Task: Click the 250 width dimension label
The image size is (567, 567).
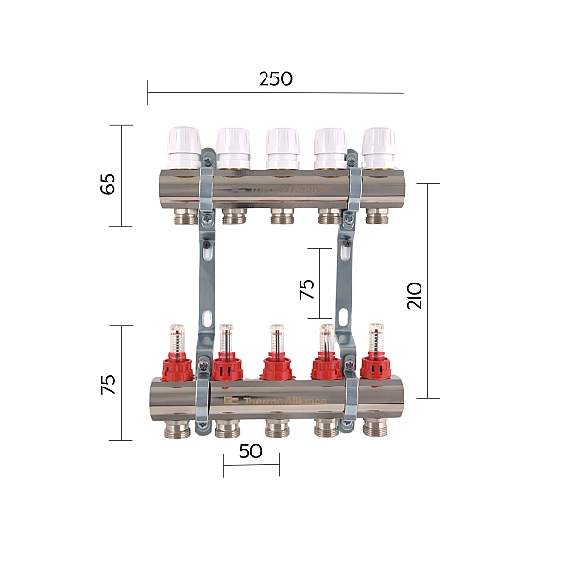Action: [x=276, y=78]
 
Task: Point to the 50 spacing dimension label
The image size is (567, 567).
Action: [x=250, y=451]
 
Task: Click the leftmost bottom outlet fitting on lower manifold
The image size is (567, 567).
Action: [x=178, y=428]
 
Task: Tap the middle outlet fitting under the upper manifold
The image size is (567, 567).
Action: [x=281, y=216]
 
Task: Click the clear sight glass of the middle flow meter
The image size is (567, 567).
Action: [x=276, y=338]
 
